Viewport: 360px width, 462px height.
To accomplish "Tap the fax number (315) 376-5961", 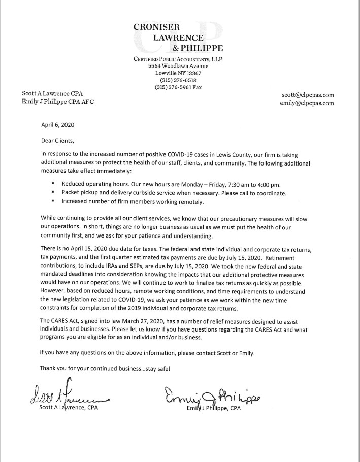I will [x=174, y=87].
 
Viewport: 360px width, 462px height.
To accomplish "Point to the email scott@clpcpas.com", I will [x=307, y=95].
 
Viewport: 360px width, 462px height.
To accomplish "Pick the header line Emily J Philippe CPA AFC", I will [x=57, y=101].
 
